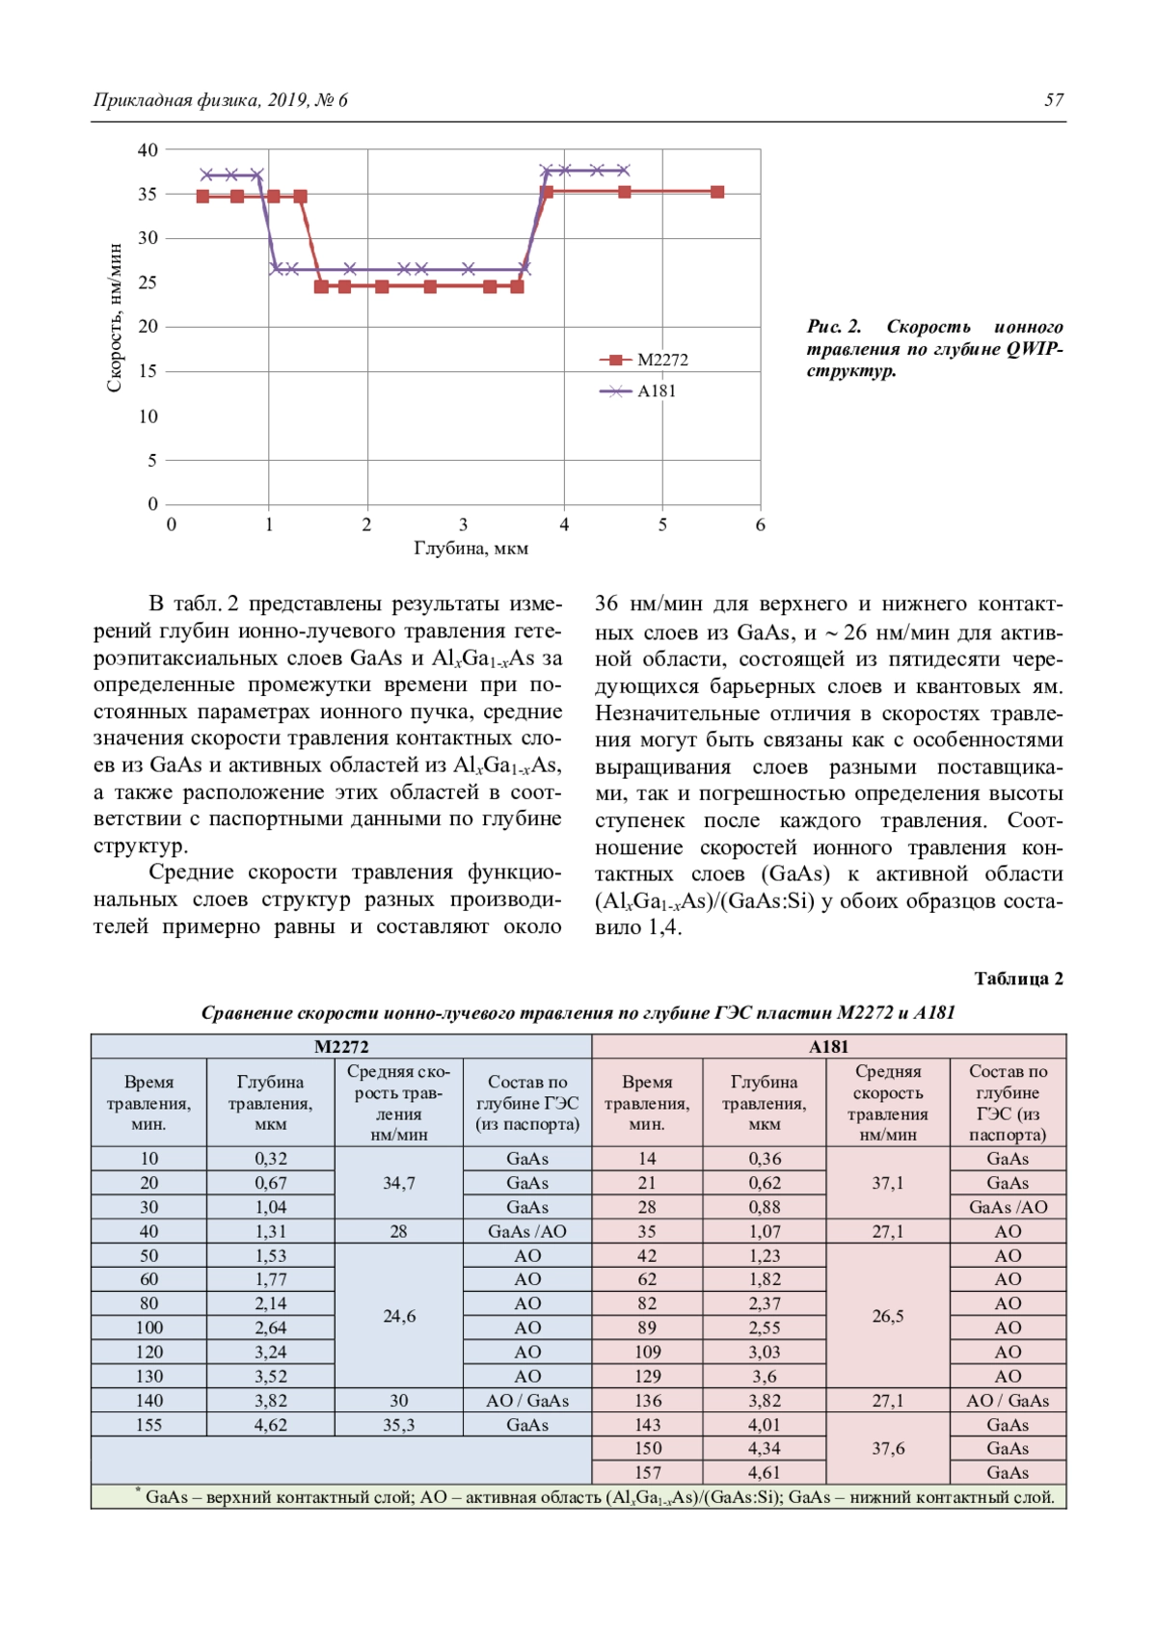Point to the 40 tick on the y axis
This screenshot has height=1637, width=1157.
click(148, 149)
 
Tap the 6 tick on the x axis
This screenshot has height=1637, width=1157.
click(760, 524)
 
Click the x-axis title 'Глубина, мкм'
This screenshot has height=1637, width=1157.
click(471, 549)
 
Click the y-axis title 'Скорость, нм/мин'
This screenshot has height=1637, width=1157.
click(115, 318)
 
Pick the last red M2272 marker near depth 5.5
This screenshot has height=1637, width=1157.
click(717, 192)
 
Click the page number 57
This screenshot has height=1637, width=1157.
click(1054, 99)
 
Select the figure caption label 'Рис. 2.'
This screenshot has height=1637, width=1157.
click(834, 327)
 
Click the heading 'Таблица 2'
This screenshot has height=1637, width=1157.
click(1018, 979)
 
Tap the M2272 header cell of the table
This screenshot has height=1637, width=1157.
click(341, 1047)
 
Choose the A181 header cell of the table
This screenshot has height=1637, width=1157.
click(828, 1047)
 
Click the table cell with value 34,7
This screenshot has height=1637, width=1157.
click(398, 1183)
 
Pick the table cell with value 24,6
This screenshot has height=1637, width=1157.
click(398, 1316)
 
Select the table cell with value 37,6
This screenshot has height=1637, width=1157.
click(887, 1448)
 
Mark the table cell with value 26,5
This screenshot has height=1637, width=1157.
click(887, 1316)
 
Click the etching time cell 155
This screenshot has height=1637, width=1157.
click(148, 1425)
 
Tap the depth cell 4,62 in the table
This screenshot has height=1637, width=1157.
click(270, 1425)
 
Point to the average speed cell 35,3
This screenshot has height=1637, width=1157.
click(398, 1425)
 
